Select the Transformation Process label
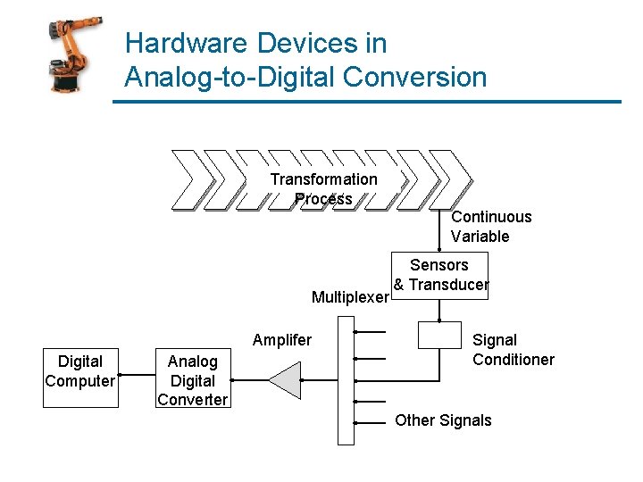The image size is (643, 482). point(323,189)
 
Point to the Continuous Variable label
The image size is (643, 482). point(491,227)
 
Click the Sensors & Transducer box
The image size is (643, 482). point(440,275)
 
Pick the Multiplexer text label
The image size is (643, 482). point(350,297)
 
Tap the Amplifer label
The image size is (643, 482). point(282,340)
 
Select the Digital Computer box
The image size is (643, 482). point(80,371)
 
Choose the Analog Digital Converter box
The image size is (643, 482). point(192,380)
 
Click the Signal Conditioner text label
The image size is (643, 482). point(513,350)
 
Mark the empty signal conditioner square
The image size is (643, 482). point(439,336)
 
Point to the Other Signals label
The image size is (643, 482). point(443,420)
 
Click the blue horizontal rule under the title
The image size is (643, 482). point(366,102)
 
